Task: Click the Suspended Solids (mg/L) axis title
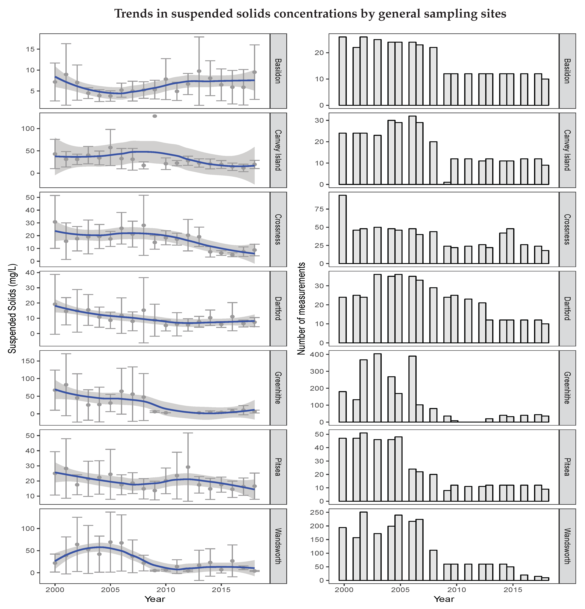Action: pyautogui.click(x=12, y=309)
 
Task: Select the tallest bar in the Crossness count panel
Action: pyautogui.click(x=343, y=229)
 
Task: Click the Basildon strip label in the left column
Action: pyautogui.click(x=278, y=71)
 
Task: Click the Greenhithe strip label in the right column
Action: pyautogui.click(x=567, y=388)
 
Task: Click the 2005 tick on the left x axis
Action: pyautogui.click(x=110, y=590)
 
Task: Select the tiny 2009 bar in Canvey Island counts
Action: pyautogui.click(x=447, y=183)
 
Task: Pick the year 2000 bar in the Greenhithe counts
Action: pyautogui.click(x=343, y=407)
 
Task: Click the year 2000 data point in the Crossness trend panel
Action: pyautogui.click(x=55, y=222)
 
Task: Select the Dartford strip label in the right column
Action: pyautogui.click(x=567, y=309)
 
